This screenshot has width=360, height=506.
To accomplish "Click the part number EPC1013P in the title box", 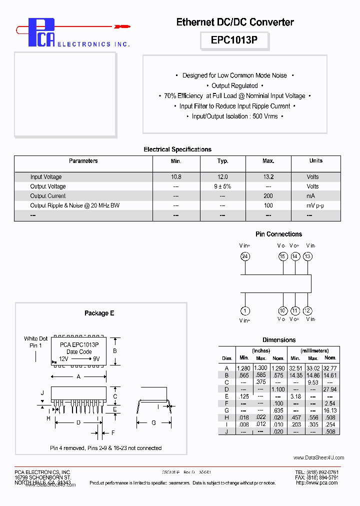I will [x=234, y=40].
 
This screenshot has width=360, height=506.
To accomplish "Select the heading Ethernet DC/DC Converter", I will [x=235, y=22].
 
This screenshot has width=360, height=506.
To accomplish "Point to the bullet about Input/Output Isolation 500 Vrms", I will [x=234, y=116].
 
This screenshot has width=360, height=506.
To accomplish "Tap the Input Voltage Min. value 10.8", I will [x=176, y=177].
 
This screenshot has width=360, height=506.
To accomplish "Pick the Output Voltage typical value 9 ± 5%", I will [x=222, y=186].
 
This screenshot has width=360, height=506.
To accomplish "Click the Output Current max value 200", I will [x=268, y=196].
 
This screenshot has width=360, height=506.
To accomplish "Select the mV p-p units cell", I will [x=315, y=205].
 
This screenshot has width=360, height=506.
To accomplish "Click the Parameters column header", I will [x=83, y=161].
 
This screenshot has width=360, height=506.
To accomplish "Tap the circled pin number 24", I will [x=245, y=256].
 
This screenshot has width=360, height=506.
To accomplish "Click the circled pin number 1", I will [x=245, y=310].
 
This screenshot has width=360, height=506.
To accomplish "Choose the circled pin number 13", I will [x=307, y=256].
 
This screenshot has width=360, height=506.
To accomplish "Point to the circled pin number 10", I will [x=282, y=310].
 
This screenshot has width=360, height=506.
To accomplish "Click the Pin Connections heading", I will [x=278, y=234].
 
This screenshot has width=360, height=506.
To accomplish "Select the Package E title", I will [x=99, y=313].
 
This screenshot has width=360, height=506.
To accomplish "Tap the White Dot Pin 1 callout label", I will [x=35, y=342].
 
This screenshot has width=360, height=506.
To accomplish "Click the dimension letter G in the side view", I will [x=153, y=422].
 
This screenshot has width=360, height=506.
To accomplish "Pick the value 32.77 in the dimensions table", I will [x=330, y=368].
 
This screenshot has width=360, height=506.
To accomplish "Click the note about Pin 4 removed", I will [x=105, y=448].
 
